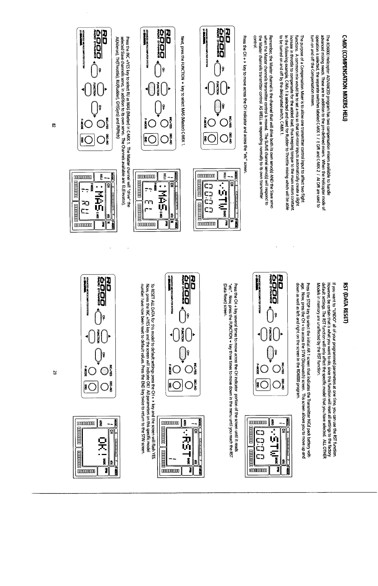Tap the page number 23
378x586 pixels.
[x=54, y=373]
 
